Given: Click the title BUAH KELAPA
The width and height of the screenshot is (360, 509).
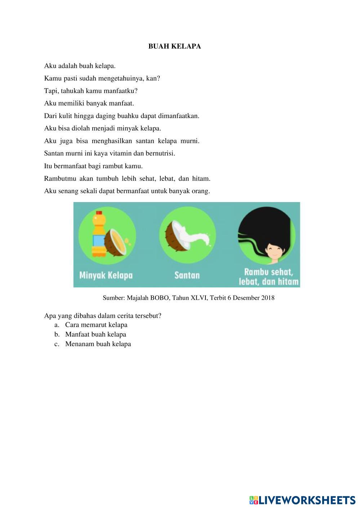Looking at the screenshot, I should [174, 46].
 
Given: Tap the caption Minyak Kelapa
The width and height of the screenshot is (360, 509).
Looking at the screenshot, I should [106, 276].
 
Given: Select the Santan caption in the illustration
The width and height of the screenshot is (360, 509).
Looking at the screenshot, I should [187, 276].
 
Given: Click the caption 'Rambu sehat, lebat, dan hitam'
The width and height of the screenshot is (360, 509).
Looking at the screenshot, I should [269, 277].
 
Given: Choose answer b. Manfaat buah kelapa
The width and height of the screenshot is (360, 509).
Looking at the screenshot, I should [95, 334].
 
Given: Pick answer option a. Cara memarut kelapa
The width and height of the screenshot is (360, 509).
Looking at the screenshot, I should [96, 325].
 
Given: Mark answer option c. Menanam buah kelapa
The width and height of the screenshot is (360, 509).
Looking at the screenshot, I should [98, 344].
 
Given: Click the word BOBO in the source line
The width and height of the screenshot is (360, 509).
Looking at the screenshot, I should [159, 298].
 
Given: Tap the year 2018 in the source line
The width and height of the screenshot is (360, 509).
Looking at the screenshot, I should [268, 298].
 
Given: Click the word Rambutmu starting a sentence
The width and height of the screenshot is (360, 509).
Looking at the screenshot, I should [60, 179].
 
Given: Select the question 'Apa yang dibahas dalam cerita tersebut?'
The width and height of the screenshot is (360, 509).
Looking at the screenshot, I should [103, 316].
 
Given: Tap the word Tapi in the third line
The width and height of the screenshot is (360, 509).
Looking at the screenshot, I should [51, 91].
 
